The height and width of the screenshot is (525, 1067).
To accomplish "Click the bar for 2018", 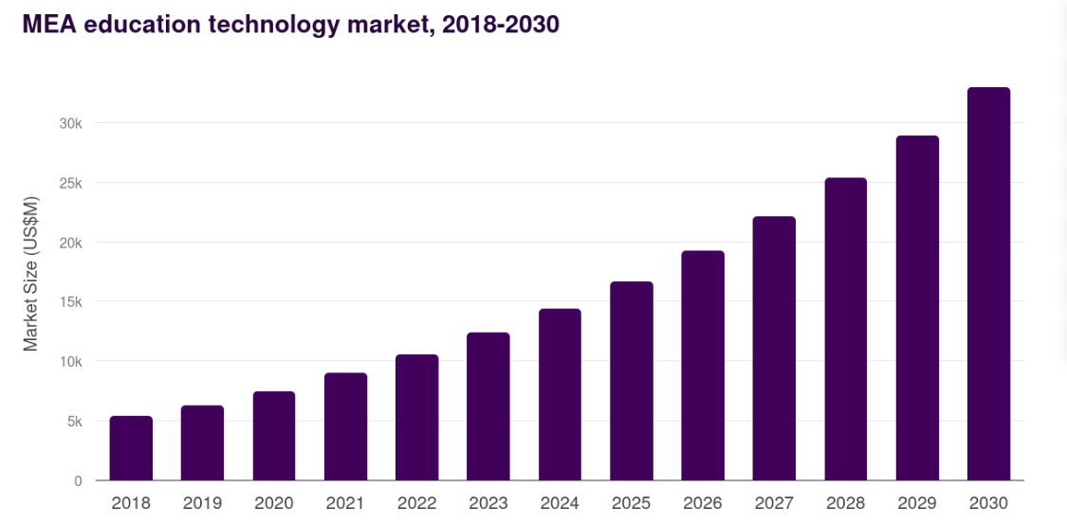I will pyautogui.click(x=131, y=448).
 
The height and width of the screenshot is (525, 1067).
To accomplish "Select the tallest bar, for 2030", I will pyautogui.click(x=988, y=284).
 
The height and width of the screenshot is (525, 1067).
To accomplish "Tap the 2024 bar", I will pyautogui.click(x=560, y=395).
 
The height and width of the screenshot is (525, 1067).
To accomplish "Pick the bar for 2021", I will pyautogui.click(x=345, y=426).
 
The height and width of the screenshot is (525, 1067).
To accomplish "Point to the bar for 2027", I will pyautogui.click(x=774, y=349).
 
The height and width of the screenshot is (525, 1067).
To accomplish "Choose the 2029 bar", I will pyautogui.click(x=917, y=308).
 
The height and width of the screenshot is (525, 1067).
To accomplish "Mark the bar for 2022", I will pyautogui.click(x=416, y=418).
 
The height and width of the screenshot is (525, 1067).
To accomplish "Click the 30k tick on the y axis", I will pyautogui.click(x=70, y=123).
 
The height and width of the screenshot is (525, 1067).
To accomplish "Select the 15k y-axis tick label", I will pyautogui.click(x=70, y=302).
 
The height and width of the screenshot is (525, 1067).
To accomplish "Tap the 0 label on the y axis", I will pyautogui.click(x=78, y=481).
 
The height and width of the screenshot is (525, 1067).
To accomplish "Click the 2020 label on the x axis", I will pyautogui.click(x=273, y=503).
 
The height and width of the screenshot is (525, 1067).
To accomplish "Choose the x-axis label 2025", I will pyautogui.click(x=631, y=503).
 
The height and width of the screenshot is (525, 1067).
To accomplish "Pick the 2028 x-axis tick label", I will pyautogui.click(x=845, y=503).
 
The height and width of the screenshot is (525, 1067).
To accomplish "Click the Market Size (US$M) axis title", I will pyautogui.click(x=31, y=273).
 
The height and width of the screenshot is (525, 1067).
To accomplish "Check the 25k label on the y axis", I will pyautogui.click(x=70, y=183).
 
